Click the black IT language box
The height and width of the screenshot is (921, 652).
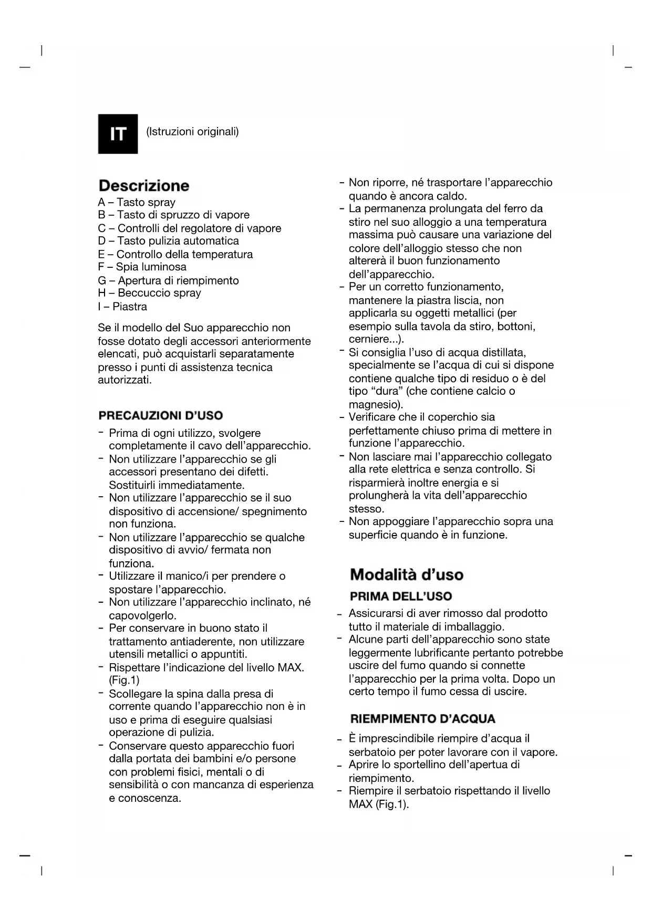(118, 134)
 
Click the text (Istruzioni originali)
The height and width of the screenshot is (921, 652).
(192, 131)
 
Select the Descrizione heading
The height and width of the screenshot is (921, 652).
(144, 185)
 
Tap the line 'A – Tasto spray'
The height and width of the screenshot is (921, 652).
(137, 202)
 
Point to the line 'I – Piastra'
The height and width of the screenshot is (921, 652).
(122, 307)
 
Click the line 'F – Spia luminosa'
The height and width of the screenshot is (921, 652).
(142, 267)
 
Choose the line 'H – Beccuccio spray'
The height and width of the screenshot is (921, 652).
(149, 293)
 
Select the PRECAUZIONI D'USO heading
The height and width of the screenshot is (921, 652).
(161, 416)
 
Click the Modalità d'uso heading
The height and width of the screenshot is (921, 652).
(407, 574)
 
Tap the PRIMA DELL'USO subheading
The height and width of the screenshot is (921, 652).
(401, 596)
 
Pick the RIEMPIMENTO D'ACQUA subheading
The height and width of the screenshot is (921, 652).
(423, 719)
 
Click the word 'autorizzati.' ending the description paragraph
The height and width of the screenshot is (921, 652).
(125, 380)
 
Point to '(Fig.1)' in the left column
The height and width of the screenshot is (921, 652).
(124, 681)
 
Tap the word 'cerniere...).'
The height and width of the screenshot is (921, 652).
(376, 339)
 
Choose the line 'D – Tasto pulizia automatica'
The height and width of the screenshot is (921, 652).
(168, 241)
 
